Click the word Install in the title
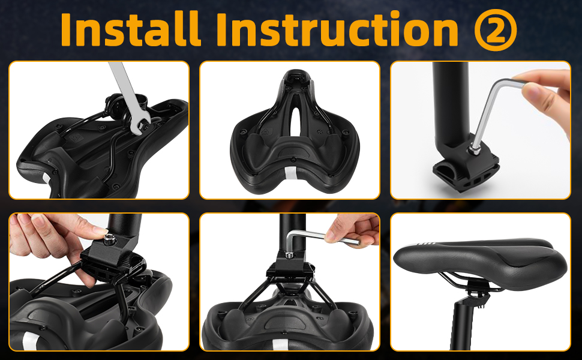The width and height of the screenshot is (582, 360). point(131,29)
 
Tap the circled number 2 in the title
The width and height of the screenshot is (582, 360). point(496,29)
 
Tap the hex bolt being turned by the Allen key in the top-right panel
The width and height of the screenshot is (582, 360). point(474,150)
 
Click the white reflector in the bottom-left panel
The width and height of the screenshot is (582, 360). point(29,340)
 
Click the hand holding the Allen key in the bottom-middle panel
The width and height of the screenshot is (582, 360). point(353,231)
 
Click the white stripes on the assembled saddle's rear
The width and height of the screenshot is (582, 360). point(427,244)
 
